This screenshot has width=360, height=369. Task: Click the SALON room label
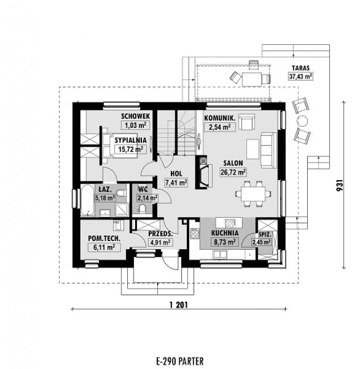(x=233, y=163)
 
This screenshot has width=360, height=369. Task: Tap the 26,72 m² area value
(x=233, y=172)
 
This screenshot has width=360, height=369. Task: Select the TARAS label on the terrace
(x=300, y=68)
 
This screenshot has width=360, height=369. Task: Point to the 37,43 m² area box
(x=300, y=76)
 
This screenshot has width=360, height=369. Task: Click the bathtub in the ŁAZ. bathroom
(x=87, y=200)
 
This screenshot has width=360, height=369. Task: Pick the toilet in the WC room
(x=143, y=209)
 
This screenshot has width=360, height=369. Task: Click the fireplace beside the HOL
(x=203, y=172)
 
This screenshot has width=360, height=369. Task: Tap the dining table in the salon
(x=253, y=194)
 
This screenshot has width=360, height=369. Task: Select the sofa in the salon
(x=269, y=150)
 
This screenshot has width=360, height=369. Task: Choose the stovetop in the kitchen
(x=195, y=234)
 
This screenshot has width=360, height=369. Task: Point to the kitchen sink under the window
(x=220, y=254)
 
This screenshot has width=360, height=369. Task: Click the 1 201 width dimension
(x=179, y=305)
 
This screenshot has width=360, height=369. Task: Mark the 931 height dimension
(x=340, y=185)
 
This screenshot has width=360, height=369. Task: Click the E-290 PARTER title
(x=180, y=361)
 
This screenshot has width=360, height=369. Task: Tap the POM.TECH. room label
(x=104, y=238)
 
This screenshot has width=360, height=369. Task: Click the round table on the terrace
(x=302, y=122)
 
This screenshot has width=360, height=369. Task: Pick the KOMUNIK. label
(x=220, y=118)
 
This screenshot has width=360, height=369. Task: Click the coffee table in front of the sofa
(x=253, y=149)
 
